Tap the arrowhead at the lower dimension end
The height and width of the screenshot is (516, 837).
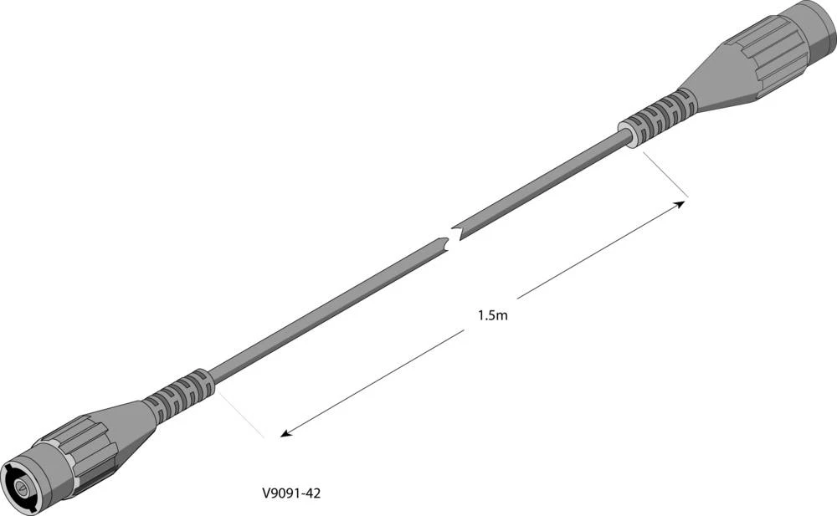285,433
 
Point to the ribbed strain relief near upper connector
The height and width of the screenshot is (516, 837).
662,115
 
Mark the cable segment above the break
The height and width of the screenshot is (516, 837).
544,184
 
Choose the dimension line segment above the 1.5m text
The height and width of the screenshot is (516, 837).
598,250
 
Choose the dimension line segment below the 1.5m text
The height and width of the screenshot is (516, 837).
377,380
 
